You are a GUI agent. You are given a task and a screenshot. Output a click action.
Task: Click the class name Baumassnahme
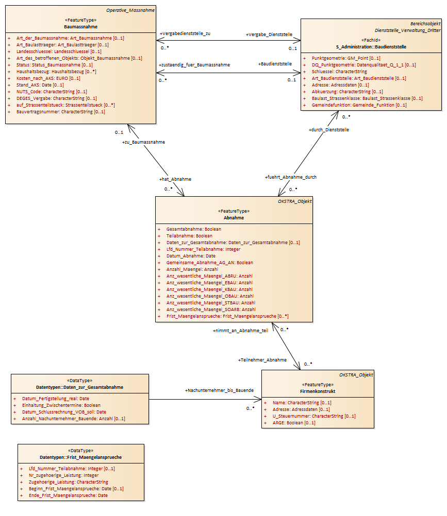click(81, 27)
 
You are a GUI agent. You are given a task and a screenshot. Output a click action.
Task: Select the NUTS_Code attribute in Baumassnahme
click(52, 92)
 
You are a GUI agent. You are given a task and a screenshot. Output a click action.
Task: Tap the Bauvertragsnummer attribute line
click(61, 112)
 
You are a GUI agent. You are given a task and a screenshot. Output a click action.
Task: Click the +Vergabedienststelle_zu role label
click(185, 33)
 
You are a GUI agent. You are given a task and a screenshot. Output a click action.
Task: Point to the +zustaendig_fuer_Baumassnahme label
click(194, 65)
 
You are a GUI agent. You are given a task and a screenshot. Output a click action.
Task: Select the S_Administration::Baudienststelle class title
click(371, 47)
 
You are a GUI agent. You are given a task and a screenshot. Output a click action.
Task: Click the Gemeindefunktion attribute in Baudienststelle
click(359, 105)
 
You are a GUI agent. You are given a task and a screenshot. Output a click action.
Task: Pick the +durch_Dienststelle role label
click(329, 130)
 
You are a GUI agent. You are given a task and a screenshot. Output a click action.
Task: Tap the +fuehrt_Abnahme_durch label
click(291, 177)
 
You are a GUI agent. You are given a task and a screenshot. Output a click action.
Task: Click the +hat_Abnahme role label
click(175, 179)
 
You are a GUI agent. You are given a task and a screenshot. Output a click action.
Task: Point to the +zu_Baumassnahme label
click(144, 142)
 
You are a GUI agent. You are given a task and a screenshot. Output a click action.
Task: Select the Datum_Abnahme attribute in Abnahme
click(191, 256)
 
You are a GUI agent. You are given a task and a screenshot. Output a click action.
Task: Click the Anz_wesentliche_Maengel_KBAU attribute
click(209, 289)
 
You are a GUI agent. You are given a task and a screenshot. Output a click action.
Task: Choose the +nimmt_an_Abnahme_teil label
click(240, 331)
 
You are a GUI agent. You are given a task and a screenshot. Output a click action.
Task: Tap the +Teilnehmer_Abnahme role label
click(262, 360)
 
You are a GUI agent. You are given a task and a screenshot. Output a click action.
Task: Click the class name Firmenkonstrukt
click(318, 391)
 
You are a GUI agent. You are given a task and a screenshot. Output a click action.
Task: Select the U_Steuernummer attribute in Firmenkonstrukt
click(314, 416)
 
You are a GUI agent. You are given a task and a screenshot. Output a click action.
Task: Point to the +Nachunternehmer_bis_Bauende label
click(220, 390)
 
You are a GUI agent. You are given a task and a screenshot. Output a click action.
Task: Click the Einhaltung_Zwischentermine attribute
click(61, 405)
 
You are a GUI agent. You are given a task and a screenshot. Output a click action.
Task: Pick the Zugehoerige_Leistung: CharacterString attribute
click(68, 482)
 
